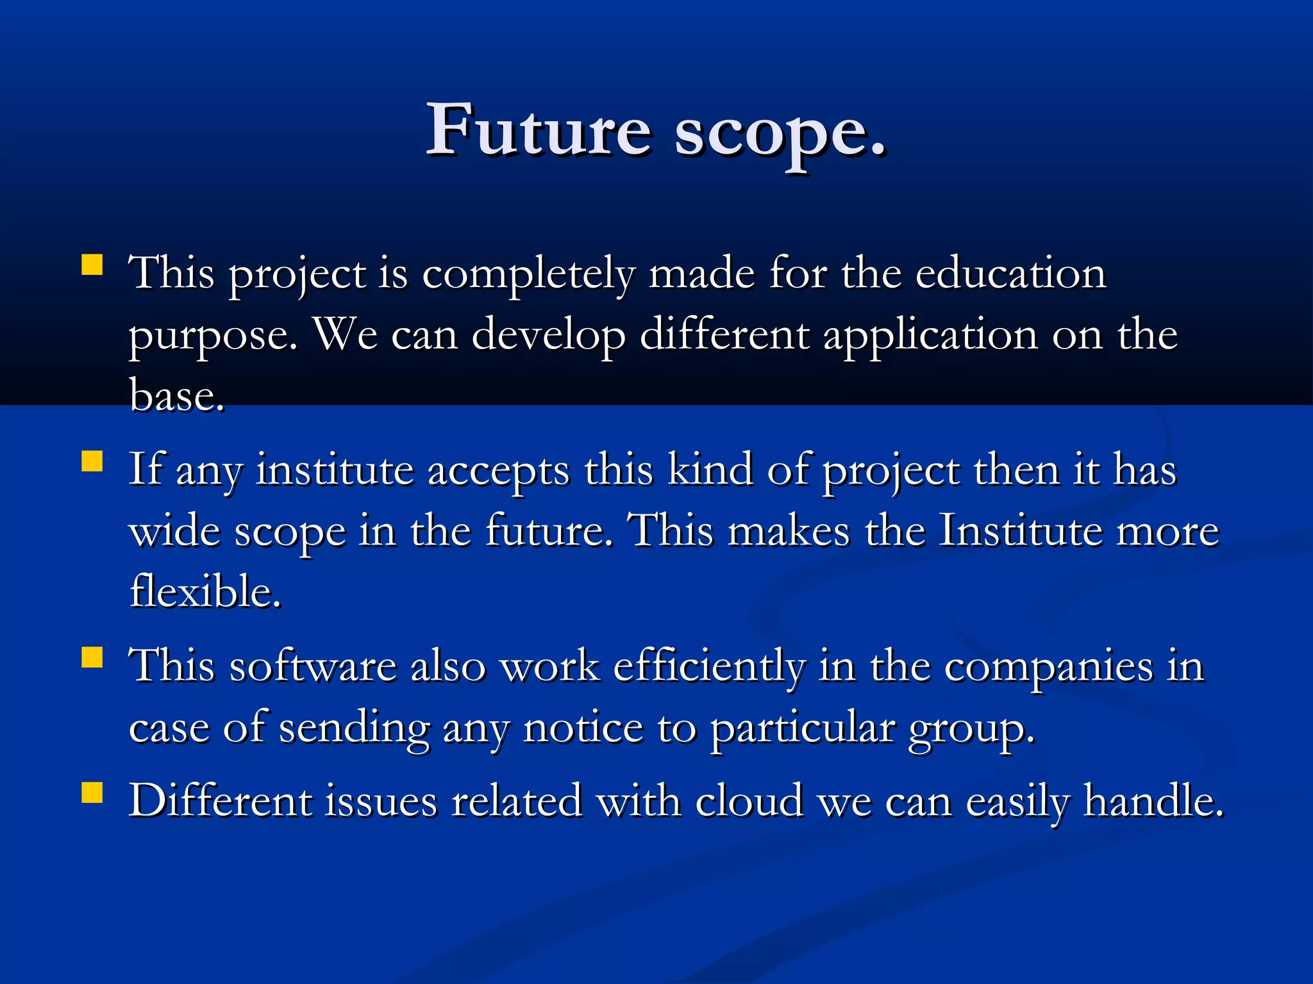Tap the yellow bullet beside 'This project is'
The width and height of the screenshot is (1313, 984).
(x=92, y=265)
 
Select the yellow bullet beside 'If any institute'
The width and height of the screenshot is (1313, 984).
(x=92, y=461)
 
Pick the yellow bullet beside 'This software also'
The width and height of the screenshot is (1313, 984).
(x=92, y=657)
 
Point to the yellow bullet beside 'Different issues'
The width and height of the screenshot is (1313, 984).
(x=92, y=792)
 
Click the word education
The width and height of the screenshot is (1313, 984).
(x=1010, y=274)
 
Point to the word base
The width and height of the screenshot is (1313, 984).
(x=176, y=395)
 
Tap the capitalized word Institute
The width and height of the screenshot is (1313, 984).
(x=1020, y=531)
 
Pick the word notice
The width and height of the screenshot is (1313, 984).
(x=583, y=729)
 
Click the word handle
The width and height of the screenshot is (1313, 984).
(x=1153, y=801)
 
